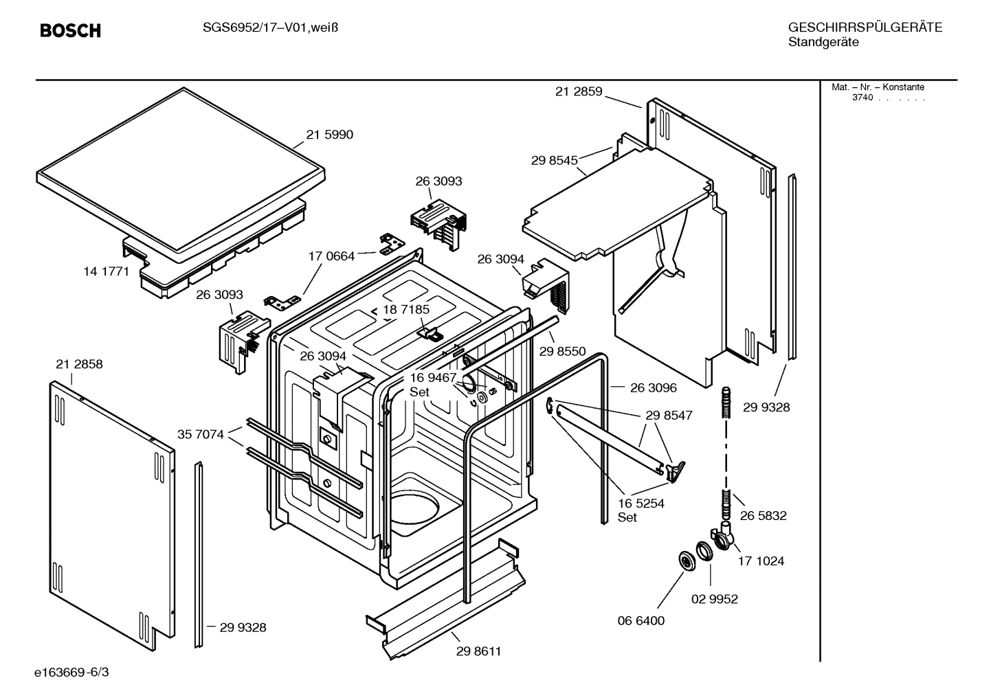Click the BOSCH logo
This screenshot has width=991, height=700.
[x=70, y=31]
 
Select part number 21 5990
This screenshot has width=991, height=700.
[x=329, y=135]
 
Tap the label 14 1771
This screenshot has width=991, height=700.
[x=106, y=271]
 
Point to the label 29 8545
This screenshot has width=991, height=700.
[x=554, y=161]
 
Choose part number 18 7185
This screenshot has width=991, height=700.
[x=406, y=310]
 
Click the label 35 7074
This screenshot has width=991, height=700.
[x=200, y=434]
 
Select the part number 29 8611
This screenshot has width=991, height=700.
[x=478, y=651]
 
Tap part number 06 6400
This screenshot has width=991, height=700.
[x=641, y=621]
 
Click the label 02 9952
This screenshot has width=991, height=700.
[x=714, y=599]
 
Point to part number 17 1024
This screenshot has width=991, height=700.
[x=761, y=561]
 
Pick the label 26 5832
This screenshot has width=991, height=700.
[x=763, y=515]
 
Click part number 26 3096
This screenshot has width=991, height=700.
[x=653, y=387]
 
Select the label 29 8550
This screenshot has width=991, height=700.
[x=562, y=351]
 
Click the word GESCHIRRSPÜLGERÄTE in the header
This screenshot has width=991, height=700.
[x=865, y=27]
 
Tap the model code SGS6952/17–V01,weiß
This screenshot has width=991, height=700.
[x=271, y=27]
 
